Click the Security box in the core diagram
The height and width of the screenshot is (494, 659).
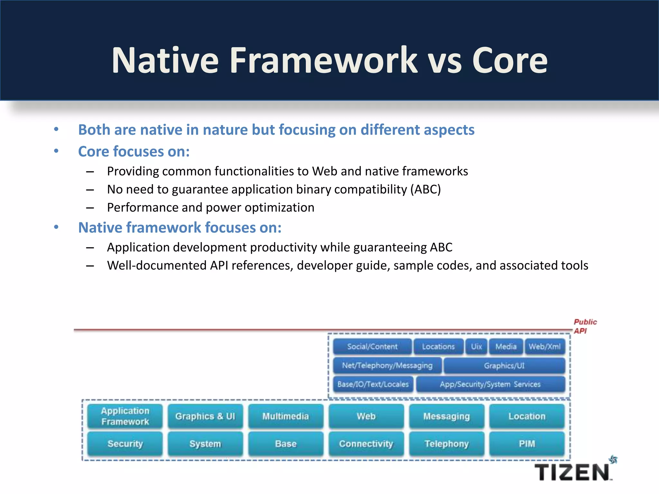pos(125,444)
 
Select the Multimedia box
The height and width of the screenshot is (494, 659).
pos(286,416)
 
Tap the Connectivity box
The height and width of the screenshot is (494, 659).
pos(366,444)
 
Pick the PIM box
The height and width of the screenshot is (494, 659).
pos(527,444)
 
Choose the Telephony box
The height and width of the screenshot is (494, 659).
pos(447,444)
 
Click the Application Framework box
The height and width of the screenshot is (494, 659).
pos(125,416)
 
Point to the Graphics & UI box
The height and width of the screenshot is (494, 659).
pos(205,416)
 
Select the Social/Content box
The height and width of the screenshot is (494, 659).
pos(372,346)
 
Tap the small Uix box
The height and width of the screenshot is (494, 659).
pos(476,346)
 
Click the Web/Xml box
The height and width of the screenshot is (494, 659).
pos(544,346)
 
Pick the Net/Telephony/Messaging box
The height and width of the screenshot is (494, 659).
pos(387,365)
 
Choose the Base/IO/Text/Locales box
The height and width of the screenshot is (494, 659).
pos(373,384)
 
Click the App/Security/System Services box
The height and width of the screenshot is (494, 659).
pos(490,384)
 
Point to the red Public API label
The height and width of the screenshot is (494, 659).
pos(585,326)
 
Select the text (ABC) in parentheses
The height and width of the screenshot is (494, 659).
pos(425,189)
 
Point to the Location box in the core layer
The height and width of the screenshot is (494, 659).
pos(527,416)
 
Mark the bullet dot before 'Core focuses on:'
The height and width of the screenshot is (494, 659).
pos(56,151)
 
